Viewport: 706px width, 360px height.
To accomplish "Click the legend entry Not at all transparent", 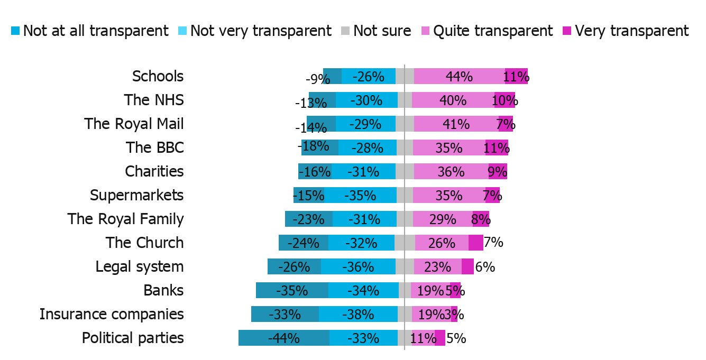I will click(90, 31).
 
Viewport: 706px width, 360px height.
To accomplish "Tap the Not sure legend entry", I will click(377, 31).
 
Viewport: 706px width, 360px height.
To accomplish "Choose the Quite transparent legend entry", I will click(487, 31).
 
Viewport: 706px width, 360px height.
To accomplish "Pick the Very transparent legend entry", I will click(626, 31).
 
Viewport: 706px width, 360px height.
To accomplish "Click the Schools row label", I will click(158, 76).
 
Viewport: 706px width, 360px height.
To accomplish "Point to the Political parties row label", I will click(133, 338).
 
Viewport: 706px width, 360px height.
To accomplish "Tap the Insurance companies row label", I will click(112, 314).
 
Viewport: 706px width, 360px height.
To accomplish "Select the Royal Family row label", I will click(125, 219).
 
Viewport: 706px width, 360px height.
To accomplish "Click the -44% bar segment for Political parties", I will click(284, 338).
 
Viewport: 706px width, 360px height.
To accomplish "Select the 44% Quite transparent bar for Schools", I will click(459, 76).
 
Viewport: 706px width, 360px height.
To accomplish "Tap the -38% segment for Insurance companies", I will click(358, 314).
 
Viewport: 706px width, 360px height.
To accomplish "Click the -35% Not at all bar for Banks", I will click(292, 290).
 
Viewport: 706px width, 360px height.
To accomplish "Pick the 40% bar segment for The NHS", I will click(453, 100).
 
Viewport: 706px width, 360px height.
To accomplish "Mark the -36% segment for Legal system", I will click(358, 266).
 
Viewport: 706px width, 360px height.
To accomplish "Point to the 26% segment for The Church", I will click(442, 243).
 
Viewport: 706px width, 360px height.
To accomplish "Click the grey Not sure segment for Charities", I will click(405, 171).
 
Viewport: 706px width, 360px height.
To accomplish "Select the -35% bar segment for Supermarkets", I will click(360, 195).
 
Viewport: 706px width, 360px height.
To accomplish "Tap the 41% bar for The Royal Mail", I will click(456, 124).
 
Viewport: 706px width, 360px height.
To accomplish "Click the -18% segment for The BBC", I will click(319, 147).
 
